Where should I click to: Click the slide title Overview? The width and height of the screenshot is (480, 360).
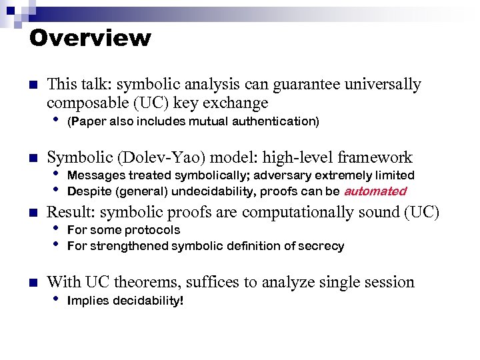[90, 37]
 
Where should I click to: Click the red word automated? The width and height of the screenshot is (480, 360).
[375, 191]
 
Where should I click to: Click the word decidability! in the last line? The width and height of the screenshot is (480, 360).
[146, 301]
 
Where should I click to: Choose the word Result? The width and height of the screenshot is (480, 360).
[71, 212]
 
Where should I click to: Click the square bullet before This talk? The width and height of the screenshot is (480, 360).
[32, 85]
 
